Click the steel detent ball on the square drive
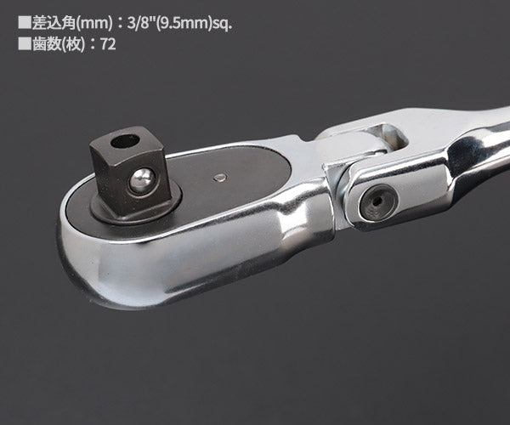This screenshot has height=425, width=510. pyautogui.click(x=141, y=180)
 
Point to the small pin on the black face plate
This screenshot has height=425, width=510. pyautogui.click(x=220, y=178)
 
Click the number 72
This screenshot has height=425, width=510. pyautogui.click(x=107, y=43)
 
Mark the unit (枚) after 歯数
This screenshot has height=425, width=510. pyautogui.click(x=71, y=43)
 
